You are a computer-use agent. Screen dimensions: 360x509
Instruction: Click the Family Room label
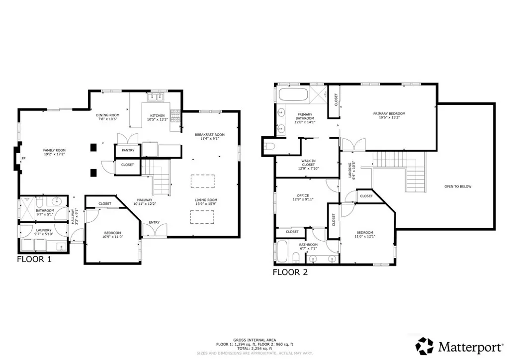pyautogui.click(x=54, y=150)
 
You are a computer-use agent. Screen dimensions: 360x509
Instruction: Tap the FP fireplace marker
pyautogui.click(x=23, y=159)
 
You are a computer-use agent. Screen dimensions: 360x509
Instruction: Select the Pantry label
pyautogui.click(x=128, y=150)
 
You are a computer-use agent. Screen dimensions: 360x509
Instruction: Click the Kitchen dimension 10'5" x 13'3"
pyautogui.click(x=157, y=120)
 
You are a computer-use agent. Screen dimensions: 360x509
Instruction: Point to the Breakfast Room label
pyautogui.click(x=209, y=134)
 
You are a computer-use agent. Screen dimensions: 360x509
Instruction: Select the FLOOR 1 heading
pyautogui.click(x=34, y=259)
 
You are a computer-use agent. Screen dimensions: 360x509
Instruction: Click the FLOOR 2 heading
pyautogui.click(x=290, y=272)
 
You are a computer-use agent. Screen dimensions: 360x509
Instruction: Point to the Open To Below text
pyautogui.click(x=458, y=186)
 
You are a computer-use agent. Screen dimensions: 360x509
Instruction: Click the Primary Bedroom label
pyautogui.click(x=389, y=113)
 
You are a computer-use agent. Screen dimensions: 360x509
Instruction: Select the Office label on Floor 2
pyautogui.click(x=303, y=195)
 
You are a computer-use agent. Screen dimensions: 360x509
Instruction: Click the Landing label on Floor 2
pyautogui.click(x=350, y=170)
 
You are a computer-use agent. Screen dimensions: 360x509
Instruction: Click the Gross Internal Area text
pyautogui.click(x=254, y=340)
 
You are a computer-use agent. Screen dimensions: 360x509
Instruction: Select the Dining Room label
pyautogui.click(x=107, y=115)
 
